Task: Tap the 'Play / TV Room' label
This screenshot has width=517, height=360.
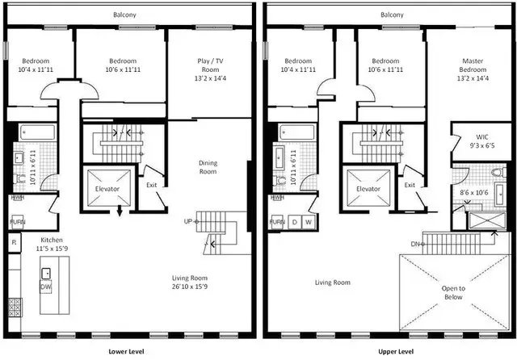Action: pos(208,65)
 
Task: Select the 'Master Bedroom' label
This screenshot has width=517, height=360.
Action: pos(473,65)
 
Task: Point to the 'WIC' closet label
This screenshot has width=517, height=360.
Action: pos(481,138)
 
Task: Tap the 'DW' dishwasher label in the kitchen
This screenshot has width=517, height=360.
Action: pos(47,286)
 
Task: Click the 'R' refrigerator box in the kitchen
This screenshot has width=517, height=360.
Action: pos(14,241)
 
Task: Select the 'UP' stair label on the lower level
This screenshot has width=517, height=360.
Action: pos(188,221)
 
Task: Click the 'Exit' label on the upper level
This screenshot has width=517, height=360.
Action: pos(410,185)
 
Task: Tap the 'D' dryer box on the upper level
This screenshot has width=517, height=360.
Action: pos(295,221)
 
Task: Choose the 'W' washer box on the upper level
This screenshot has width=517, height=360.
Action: pos(309,221)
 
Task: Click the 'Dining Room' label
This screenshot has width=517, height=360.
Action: pos(208,167)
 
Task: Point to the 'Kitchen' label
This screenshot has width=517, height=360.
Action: pos(53,240)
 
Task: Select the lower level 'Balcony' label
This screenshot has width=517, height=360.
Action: pos(124,15)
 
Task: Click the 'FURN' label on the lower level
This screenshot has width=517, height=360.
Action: pos(16,221)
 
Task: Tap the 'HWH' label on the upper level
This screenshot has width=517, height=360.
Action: pos(277,197)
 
